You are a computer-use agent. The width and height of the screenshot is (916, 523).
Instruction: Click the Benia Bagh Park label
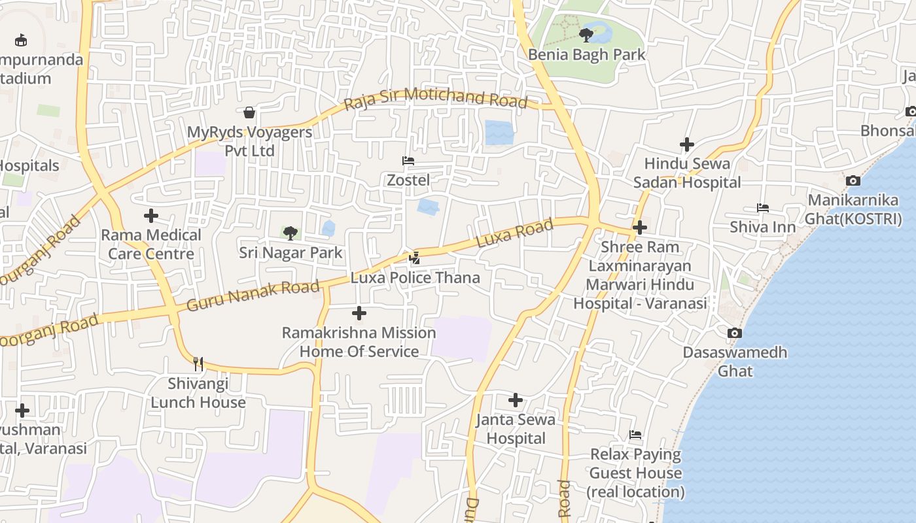[587, 55]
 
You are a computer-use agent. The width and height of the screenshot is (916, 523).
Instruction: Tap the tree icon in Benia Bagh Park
[586, 35]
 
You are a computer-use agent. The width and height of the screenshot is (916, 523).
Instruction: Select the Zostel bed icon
[408, 161]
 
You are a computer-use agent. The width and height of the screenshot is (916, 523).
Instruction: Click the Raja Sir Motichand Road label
[436, 98]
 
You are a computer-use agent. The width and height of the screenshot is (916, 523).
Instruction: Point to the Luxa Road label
[515, 233]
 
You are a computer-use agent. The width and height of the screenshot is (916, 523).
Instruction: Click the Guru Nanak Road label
[253, 295]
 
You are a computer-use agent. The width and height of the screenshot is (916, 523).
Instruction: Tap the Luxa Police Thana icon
[414, 258]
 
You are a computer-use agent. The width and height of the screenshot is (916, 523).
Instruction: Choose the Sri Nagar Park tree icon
[290, 233]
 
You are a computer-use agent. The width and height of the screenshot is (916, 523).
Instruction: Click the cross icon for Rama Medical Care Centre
[151, 215]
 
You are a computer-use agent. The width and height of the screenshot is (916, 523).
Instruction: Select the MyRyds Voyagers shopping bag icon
[249, 112]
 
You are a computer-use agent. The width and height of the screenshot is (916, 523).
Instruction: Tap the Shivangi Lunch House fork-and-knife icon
[198, 363]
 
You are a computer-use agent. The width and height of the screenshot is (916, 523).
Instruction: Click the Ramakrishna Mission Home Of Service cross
[359, 313]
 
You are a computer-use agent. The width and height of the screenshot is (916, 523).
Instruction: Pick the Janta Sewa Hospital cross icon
[516, 399]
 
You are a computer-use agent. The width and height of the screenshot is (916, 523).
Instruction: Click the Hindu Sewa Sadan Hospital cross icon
[687, 144]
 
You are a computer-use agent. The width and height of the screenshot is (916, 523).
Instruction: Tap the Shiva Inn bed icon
[763, 208]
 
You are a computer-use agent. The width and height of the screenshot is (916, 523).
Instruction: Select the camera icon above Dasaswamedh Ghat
[735, 333]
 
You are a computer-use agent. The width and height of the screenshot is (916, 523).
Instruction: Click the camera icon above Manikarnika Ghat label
[853, 180]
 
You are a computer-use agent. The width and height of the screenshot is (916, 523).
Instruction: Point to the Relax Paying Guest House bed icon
[635, 435]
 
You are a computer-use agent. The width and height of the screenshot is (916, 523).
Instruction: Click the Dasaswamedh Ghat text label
[735, 362]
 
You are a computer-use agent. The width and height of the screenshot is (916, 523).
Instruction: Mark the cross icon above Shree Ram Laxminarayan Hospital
[640, 228]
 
